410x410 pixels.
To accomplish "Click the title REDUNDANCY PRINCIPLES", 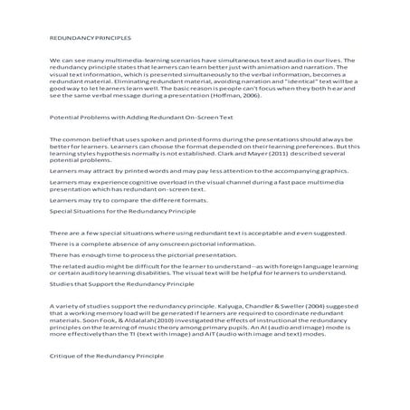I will (x=91, y=39).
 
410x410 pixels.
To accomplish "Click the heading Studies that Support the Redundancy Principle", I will (x=121, y=310).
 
